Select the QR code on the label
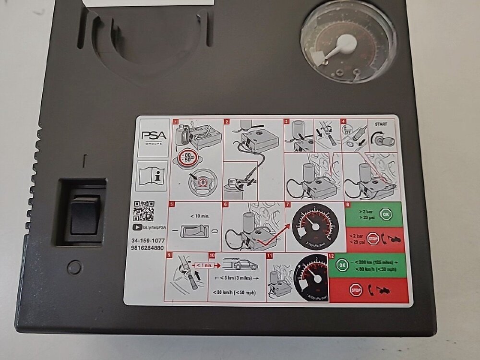point(144,211)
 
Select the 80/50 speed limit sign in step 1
point(185,158)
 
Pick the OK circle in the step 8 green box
point(384,214)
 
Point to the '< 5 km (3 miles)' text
point(237,278)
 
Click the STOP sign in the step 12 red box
point(356,290)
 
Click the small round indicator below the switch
point(74,267)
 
